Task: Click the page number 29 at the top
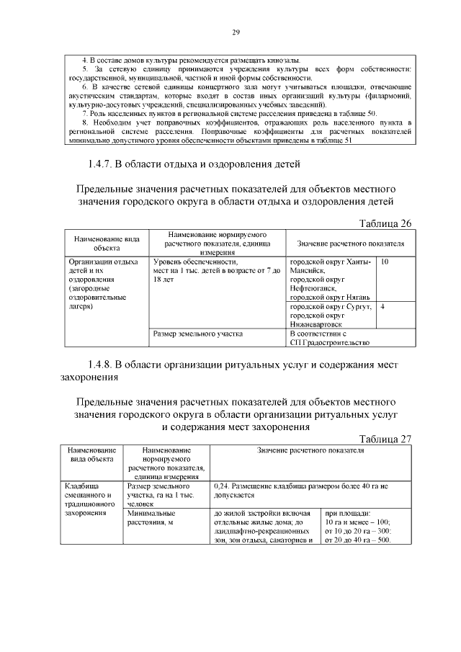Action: tap(235, 32)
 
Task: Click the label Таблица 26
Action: tap(385, 223)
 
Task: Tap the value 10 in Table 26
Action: tap(385, 263)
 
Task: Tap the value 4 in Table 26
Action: tap(382, 307)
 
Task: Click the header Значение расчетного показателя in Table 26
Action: tap(350, 244)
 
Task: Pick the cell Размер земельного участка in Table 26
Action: tap(199, 334)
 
